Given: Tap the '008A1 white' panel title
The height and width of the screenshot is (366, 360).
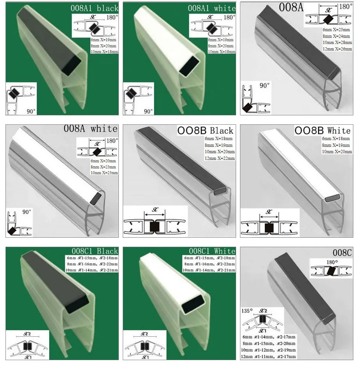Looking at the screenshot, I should [x=211, y=8].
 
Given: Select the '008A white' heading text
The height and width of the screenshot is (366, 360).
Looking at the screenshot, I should [x=91, y=128].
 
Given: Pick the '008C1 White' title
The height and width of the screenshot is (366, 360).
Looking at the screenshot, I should [x=212, y=250].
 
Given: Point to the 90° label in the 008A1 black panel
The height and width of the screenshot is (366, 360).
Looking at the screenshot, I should [x=31, y=111].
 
